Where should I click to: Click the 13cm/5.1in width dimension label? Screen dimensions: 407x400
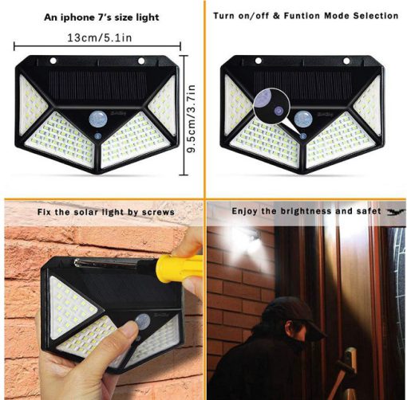[x=100, y=37]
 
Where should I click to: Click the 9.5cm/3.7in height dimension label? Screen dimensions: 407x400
[x=192, y=119]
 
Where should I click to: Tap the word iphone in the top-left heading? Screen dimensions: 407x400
[x=75, y=18]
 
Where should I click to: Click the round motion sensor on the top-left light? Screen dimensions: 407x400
[x=97, y=119]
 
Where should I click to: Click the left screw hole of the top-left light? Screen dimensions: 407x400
[x=53, y=61]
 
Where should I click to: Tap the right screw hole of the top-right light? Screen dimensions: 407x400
[x=346, y=61]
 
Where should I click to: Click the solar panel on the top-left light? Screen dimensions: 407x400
[x=97, y=85]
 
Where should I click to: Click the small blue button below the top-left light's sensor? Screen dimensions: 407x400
[x=97, y=136]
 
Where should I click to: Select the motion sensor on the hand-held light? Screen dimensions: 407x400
[x=143, y=320]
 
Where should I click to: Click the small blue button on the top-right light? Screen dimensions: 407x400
[x=302, y=136]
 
